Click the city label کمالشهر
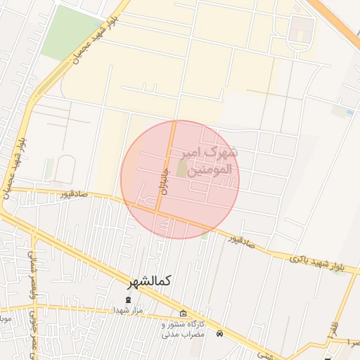149,281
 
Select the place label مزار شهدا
128,309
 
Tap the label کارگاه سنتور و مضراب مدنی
183,329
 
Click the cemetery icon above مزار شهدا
128,300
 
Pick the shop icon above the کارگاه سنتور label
184,314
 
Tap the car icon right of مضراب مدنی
220,333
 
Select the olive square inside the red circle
182,169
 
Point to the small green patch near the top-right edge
342,110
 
